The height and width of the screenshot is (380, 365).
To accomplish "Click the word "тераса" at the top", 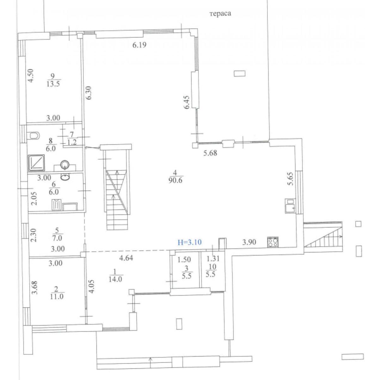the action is (x=220, y=14).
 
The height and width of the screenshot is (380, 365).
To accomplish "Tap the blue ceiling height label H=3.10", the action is (x=190, y=242).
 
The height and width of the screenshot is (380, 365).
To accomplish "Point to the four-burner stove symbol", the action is (x=273, y=242).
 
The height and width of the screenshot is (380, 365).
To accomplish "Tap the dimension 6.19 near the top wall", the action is (x=139, y=45).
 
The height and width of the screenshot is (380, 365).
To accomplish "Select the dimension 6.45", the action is (x=186, y=102).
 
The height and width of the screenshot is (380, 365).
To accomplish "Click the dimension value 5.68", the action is (x=210, y=153).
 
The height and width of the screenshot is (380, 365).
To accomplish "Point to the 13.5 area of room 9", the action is (x=53, y=84).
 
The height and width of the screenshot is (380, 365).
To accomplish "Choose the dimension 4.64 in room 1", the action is (x=126, y=258).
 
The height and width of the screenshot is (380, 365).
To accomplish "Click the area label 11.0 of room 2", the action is (x=57, y=297).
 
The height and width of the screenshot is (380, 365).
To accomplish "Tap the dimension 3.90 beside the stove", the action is (x=249, y=242).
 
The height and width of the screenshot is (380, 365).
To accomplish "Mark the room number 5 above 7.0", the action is (x=57, y=231).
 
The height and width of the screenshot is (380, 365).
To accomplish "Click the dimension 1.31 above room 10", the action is (x=213, y=259).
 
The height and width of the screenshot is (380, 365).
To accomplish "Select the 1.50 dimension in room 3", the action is (x=184, y=260).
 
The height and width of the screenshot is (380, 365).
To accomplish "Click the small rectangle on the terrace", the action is (x=240, y=74).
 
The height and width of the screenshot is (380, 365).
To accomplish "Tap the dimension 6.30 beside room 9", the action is (x=89, y=93).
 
